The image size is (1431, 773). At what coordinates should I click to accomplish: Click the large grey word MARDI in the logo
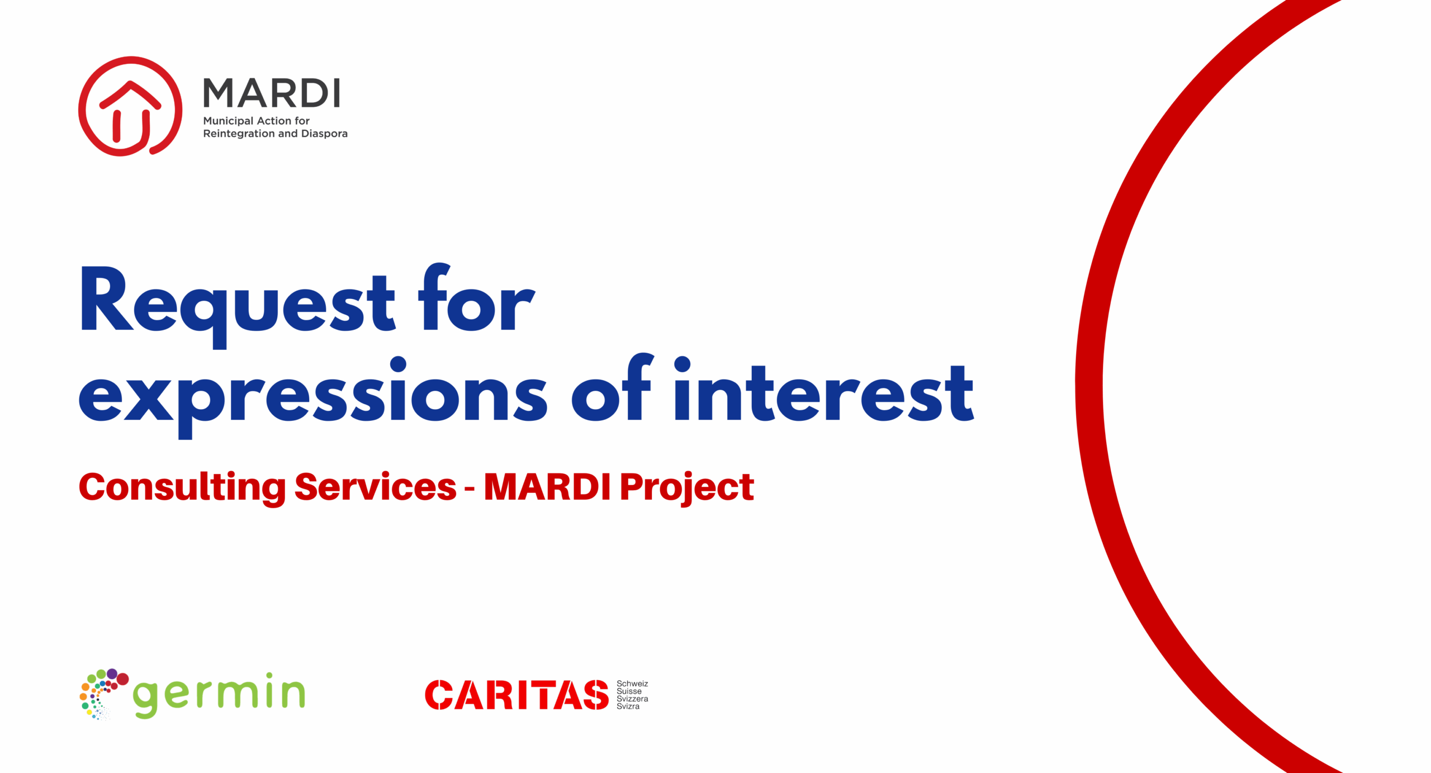tap(272, 93)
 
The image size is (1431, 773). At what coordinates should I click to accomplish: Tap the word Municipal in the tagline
tap(228, 121)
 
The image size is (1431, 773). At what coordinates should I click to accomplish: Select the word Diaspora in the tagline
tap(324, 134)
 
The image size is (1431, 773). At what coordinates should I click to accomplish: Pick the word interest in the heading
tap(824, 389)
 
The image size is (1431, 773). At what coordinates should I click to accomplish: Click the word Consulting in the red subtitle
tap(182, 487)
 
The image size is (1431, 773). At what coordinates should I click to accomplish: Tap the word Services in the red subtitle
tap(375, 486)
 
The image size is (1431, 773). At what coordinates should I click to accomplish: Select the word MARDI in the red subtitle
tap(547, 486)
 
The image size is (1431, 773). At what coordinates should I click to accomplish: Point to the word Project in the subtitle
tap(687, 488)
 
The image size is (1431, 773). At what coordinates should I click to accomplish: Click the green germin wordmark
tap(219, 695)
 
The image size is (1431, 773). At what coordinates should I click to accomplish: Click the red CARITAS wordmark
tap(517, 695)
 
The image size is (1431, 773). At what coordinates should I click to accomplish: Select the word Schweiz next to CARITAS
tap(632, 684)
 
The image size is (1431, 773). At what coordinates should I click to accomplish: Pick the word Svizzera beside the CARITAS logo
tap(632, 699)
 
